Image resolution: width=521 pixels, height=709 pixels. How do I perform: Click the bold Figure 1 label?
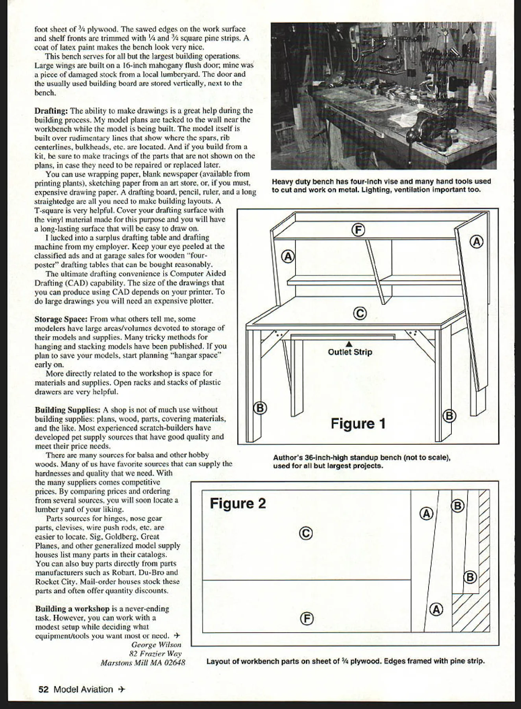(x=358, y=424)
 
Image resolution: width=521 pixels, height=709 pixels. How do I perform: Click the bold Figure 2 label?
(x=238, y=503)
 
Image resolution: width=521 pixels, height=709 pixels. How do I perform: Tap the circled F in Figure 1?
(x=358, y=230)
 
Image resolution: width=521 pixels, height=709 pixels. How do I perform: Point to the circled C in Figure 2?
(x=306, y=533)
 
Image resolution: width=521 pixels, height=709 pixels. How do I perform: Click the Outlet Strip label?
(x=350, y=352)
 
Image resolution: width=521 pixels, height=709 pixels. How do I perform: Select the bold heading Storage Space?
(x=61, y=319)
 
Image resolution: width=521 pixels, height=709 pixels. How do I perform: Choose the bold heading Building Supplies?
(x=67, y=410)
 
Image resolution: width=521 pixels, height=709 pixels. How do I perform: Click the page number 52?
(x=43, y=689)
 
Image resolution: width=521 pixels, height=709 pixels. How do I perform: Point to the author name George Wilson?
(x=156, y=645)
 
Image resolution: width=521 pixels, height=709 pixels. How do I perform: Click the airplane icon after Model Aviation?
(x=122, y=689)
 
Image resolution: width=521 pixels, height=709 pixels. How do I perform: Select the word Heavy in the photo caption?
(x=282, y=182)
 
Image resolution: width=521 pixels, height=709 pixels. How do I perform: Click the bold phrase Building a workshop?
(x=72, y=609)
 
